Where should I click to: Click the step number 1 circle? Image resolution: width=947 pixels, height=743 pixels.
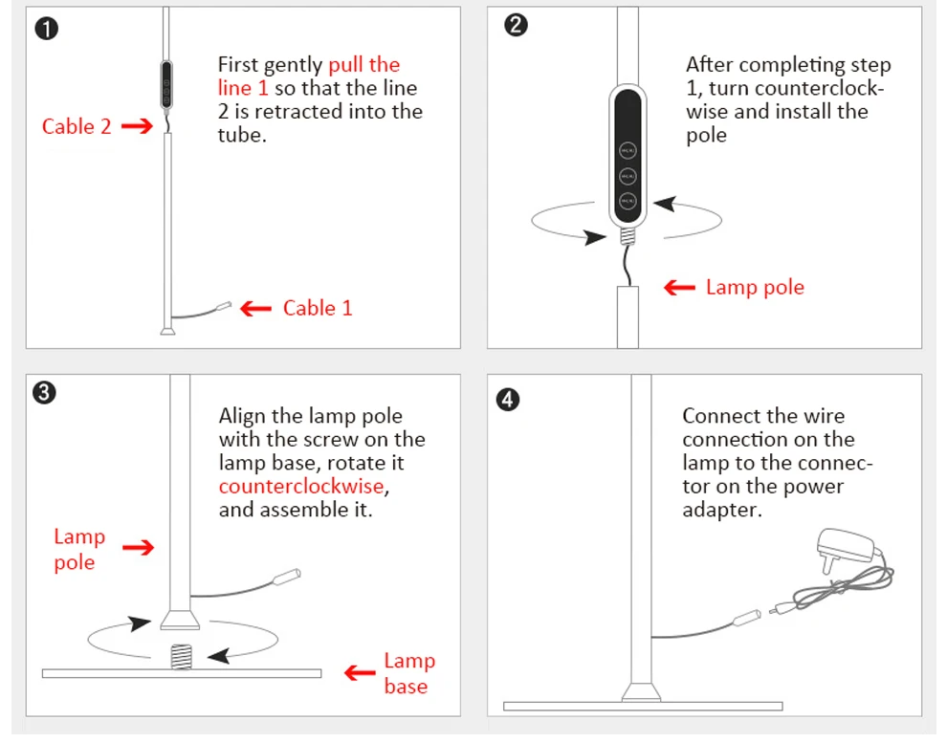(46, 29)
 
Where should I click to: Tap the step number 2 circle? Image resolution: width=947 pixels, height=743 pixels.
(515, 26)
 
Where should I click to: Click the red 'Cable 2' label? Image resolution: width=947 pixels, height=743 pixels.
(77, 126)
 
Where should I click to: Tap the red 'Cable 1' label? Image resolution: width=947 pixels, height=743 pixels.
(318, 308)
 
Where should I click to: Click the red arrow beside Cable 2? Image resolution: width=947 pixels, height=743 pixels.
(137, 125)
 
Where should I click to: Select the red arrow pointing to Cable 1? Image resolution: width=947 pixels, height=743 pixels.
(255, 308)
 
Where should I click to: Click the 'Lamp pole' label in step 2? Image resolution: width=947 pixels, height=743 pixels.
(755, 287)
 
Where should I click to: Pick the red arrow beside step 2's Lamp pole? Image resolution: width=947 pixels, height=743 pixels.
(679, 287)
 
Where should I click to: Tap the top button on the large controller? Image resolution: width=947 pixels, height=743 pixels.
(628, 149)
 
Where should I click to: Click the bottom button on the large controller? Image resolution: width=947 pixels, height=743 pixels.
(628, 201)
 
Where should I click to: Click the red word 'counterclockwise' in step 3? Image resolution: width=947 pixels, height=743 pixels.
(301, 486)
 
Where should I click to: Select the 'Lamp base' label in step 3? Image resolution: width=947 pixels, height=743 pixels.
(408, 673)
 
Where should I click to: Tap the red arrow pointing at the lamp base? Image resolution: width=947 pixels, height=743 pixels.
(360, 673)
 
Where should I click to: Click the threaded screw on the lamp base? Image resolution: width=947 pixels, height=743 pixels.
(180, 655)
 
